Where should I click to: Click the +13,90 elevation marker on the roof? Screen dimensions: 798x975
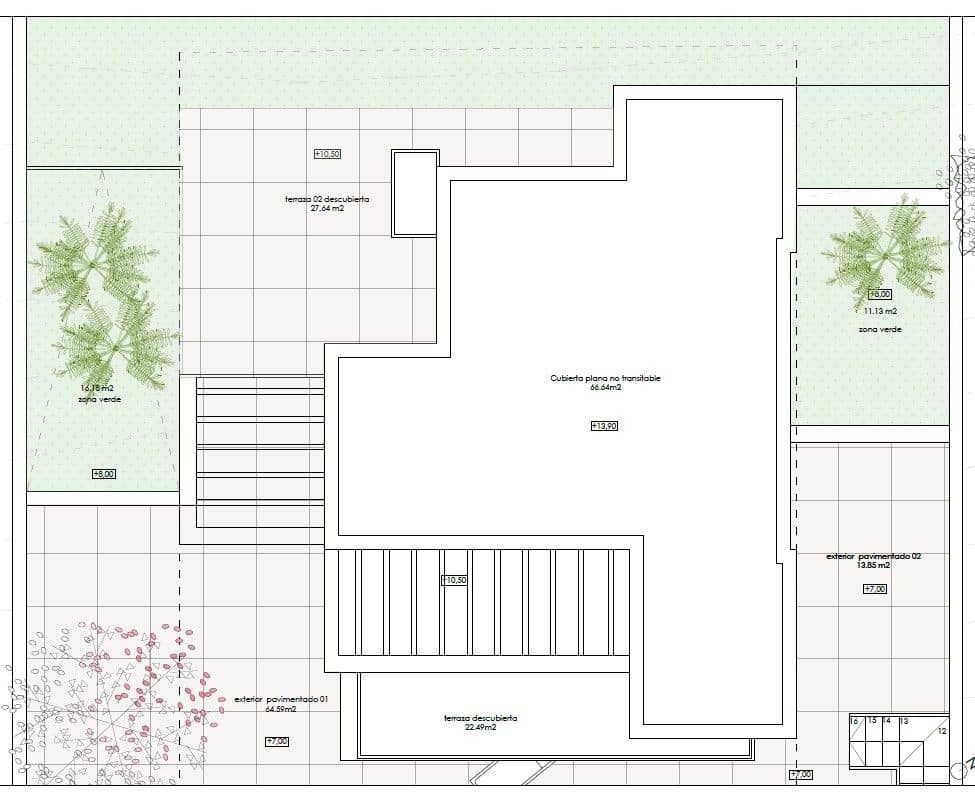605,426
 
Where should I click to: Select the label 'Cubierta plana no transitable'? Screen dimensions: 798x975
605,378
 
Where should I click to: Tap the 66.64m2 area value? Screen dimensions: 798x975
605,388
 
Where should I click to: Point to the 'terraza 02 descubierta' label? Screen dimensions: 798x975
327,199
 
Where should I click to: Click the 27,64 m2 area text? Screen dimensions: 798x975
327,208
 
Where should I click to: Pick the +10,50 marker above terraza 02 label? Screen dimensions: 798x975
327,154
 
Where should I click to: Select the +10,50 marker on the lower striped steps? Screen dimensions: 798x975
454,580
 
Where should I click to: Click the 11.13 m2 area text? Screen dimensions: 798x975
880,311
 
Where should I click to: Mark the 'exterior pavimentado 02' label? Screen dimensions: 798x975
873,556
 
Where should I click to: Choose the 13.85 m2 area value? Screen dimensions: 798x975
873,565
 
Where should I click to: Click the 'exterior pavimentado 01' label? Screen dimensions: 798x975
280,700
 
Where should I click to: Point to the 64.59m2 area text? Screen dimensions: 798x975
280,710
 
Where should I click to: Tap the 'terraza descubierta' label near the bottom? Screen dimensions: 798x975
480,718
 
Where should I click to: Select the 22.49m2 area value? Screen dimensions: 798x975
480,728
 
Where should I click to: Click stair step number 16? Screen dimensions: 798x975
854,721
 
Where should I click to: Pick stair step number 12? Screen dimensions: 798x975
941,732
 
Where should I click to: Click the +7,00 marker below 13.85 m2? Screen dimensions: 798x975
874,589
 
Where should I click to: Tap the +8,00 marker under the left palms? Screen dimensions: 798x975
104,474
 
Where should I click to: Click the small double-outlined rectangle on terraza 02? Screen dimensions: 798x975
415,193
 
